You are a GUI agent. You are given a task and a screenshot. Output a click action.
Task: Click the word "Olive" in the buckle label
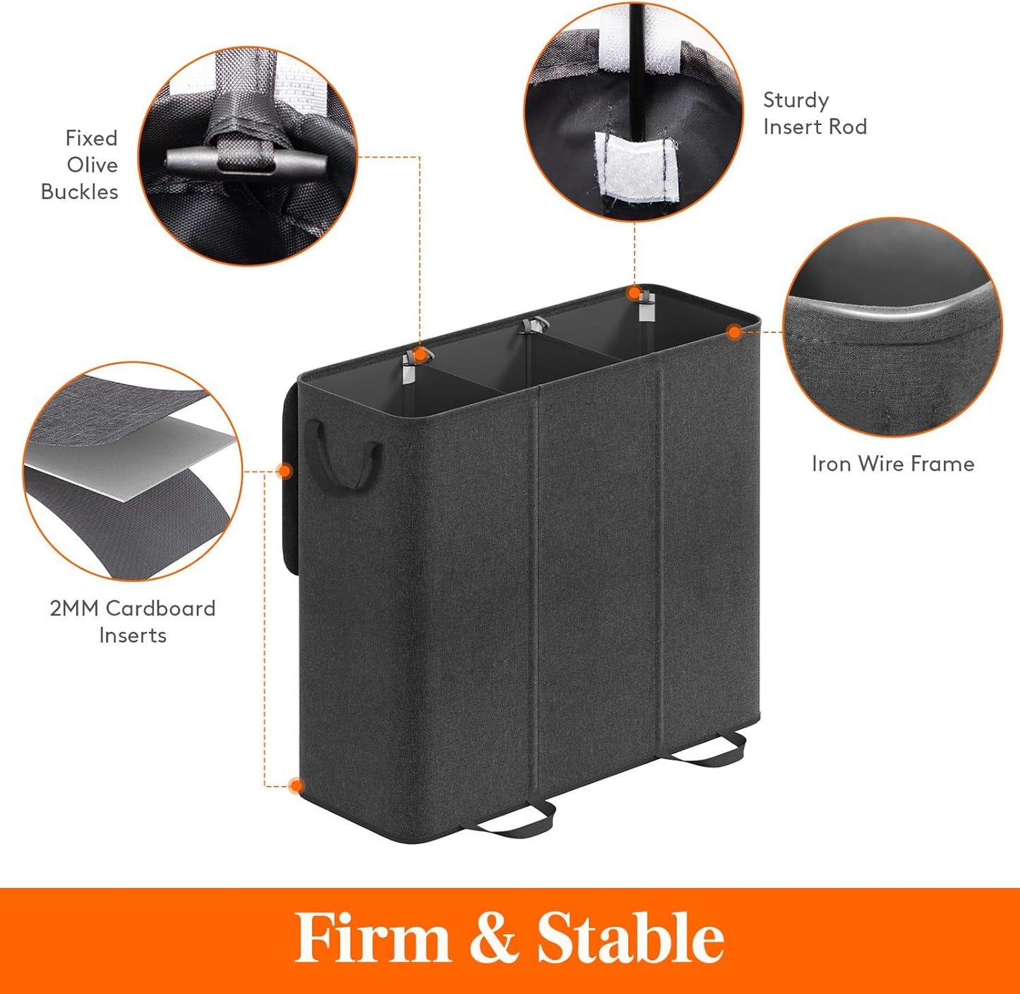click(x=92, y=165)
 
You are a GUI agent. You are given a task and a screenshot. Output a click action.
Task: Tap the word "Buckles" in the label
click(x=79, y=192)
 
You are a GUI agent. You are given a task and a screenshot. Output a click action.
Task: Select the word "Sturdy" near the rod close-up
click(x=796, y=101)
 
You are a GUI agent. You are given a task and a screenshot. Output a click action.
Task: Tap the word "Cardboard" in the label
click(x=160, y=609)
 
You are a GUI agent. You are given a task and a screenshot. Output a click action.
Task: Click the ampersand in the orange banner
click(x=493, y=939)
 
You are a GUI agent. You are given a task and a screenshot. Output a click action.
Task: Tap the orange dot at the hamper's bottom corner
click(x=296, y=786)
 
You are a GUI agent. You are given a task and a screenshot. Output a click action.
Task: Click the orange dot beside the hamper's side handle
click(x=284, y=471)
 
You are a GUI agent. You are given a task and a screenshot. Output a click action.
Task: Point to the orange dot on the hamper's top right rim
click(x=735, y=331)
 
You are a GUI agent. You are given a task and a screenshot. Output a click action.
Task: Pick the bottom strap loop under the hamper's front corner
click(x=508, y=820)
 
